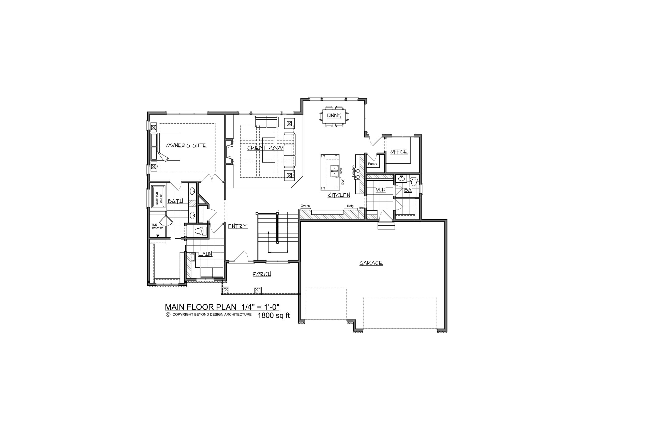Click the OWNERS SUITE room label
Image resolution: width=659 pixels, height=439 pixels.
pos(186,146)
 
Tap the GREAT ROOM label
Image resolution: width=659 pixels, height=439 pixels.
pos(265,148)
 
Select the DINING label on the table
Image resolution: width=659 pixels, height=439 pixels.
pos(334,116)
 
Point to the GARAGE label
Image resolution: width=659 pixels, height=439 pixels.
pos(371,263)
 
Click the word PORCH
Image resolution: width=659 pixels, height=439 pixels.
pos(262,274)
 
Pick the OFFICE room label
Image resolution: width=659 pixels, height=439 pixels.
pos(399,152)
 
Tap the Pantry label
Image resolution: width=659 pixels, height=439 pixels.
pos(373,164)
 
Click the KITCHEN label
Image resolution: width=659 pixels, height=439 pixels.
pos(339,195)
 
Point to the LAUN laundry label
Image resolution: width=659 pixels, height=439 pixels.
pos(205,254)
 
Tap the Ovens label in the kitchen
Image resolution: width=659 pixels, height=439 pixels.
pos(305,206)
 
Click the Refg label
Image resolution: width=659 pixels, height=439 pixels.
pos(350,206)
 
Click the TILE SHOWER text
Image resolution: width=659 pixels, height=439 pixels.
pos(157,226)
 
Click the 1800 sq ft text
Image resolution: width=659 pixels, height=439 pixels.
pos(274,316)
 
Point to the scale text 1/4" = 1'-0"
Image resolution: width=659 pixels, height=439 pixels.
pos(259,307)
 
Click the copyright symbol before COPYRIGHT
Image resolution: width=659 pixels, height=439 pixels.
pos(168,315)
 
